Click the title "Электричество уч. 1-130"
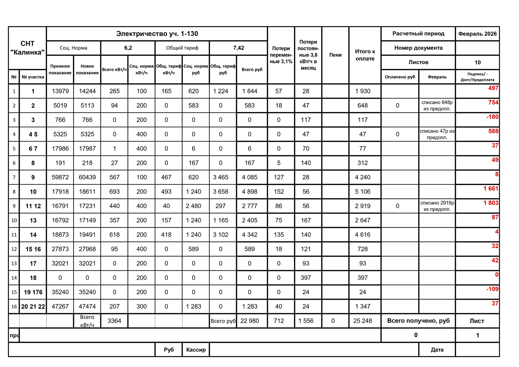[157, 34]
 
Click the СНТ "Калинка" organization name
[27, 48]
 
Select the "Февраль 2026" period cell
[477, 34]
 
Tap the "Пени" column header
[335, 55]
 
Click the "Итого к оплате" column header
[365, 55]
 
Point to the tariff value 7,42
[238, 48]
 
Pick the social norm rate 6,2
[128, 48]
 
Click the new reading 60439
[87, 177]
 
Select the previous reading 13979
[60, 91]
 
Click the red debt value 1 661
[491, 189]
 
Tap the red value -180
[492, 117]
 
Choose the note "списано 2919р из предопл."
[437, 206]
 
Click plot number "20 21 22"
[33, 306]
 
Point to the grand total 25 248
[362, 321]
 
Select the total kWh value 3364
[114, 321]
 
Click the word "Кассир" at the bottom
[196, 350]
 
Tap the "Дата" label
[437, 350]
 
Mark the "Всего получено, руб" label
[418, 321]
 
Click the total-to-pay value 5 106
[362, 192]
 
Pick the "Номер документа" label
[418, 48]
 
